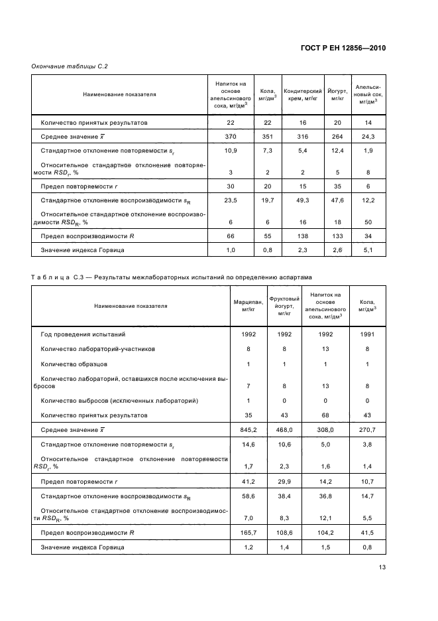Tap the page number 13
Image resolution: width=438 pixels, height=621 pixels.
382,567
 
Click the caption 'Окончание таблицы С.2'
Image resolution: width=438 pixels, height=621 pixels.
70,66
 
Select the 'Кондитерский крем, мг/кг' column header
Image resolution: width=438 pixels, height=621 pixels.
302,94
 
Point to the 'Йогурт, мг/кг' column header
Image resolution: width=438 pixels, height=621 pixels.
337,94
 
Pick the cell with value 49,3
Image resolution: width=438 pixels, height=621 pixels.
302,200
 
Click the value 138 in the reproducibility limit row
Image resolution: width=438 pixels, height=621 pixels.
302,236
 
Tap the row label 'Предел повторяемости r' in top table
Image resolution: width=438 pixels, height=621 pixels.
78,186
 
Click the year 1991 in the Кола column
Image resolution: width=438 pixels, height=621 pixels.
365,335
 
